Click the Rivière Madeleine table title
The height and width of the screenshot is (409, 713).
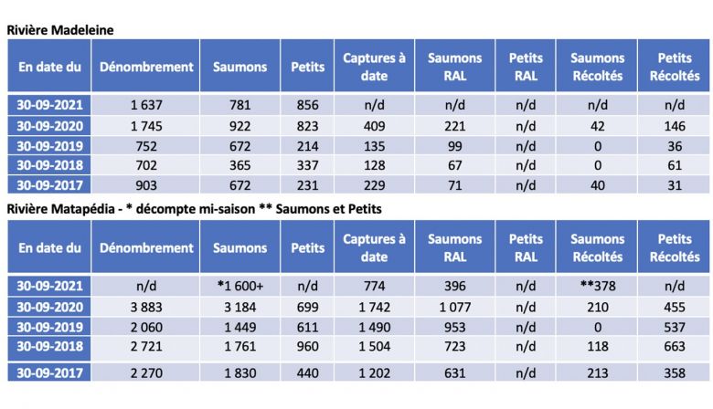point(60,29)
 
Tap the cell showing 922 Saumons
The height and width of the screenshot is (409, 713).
point(239,126)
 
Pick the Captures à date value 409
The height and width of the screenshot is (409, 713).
point(374,126)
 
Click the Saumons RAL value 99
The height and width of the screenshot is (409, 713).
point(454,146)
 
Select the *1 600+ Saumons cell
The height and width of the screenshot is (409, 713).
point(239,285)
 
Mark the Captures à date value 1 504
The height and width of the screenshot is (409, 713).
point(374,348)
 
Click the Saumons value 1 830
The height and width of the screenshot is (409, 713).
point(239,372)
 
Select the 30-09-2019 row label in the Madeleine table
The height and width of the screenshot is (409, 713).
point(49,146)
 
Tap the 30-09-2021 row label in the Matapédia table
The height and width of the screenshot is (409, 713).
point(49,285)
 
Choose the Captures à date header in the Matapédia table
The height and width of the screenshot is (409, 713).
point(374,247)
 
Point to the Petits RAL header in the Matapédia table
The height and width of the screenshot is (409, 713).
point(526,247)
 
